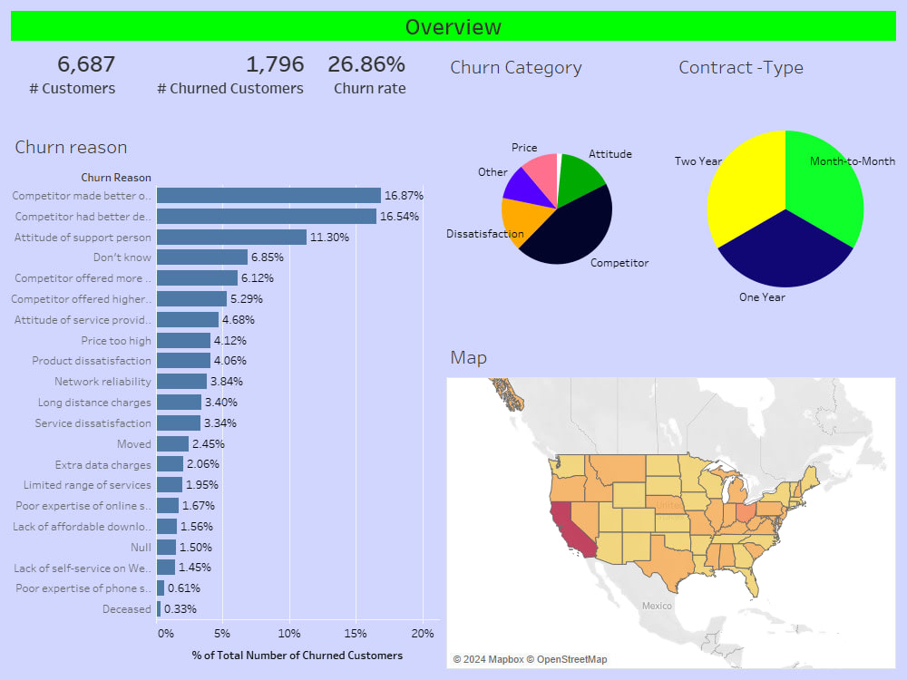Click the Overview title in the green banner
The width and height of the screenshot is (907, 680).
click(x=453, y=26)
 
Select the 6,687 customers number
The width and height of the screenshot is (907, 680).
click(x=86, y=64)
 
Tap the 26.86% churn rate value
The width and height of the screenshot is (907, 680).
click(x=366, y=64)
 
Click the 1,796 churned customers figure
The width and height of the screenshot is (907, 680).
click(x=275, y=64)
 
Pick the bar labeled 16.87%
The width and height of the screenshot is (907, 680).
click(x=268, y=195)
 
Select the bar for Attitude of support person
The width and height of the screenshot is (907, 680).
click(x=231, y=237)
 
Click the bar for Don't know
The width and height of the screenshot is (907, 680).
click(x=202, y=257)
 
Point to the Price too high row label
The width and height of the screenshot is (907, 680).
click(x=116, y=340)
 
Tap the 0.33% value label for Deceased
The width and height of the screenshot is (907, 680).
click(x=180, y=608)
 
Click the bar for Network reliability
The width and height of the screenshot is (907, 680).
click(x=181, y=382)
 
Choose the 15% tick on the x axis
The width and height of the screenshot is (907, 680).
click(x=356, y=633)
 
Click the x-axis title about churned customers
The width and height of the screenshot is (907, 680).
click(x=297, y=655)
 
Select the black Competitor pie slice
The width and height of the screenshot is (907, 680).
click(x=571, y=231)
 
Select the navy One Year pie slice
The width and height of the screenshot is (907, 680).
click(x=782, y=254)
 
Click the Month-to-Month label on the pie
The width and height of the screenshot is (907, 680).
click(x=852, y=161)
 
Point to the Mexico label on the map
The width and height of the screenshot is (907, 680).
click(x=657, y=605)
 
